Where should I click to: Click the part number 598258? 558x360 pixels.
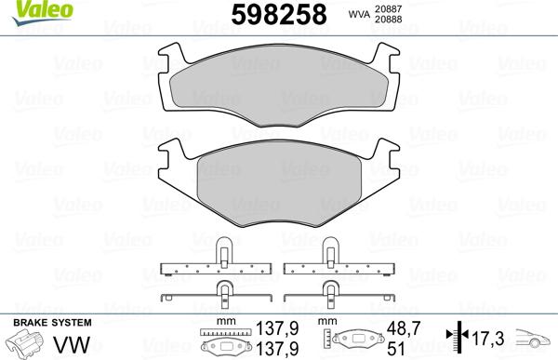point(279,15)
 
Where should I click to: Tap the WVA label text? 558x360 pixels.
point(359,14)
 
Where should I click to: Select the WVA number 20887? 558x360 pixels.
point(388,9)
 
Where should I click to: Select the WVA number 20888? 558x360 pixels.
point(388,20)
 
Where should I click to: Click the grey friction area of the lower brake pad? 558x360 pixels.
point(279,184)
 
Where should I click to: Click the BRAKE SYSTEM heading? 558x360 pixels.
point(52,323)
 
